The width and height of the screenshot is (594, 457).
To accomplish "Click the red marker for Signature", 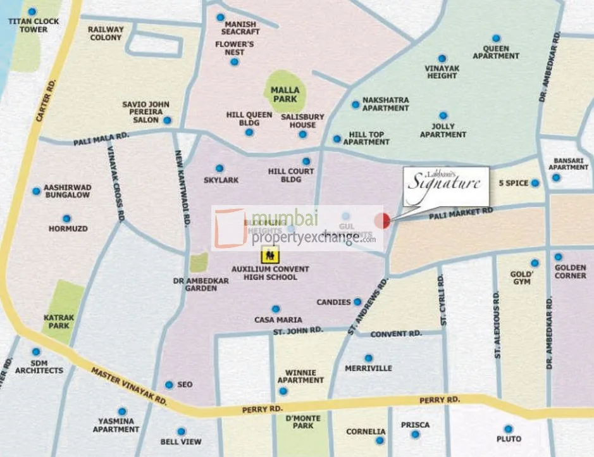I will coord(382,221).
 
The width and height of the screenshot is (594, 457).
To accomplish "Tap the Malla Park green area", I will coord(285,92).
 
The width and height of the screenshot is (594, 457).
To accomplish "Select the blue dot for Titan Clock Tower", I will coord(32,11).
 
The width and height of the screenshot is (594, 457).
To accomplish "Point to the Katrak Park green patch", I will coord(63,308).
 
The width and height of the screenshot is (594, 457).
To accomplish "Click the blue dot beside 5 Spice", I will coord(535,183).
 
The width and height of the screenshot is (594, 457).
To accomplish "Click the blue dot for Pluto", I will coord(508,429).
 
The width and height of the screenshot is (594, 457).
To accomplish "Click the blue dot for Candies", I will coord(357,302).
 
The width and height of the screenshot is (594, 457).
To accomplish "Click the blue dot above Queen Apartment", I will coord(497,38).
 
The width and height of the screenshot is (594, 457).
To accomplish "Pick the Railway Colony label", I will coord(105,33).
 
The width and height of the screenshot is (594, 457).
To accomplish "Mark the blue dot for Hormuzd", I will coord(58,218).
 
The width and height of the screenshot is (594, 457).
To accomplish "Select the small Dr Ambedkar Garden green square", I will coord(199,262).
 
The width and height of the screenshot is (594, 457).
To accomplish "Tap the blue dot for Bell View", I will coord(181,431).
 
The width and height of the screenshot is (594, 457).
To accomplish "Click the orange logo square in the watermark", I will coord(229,228).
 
